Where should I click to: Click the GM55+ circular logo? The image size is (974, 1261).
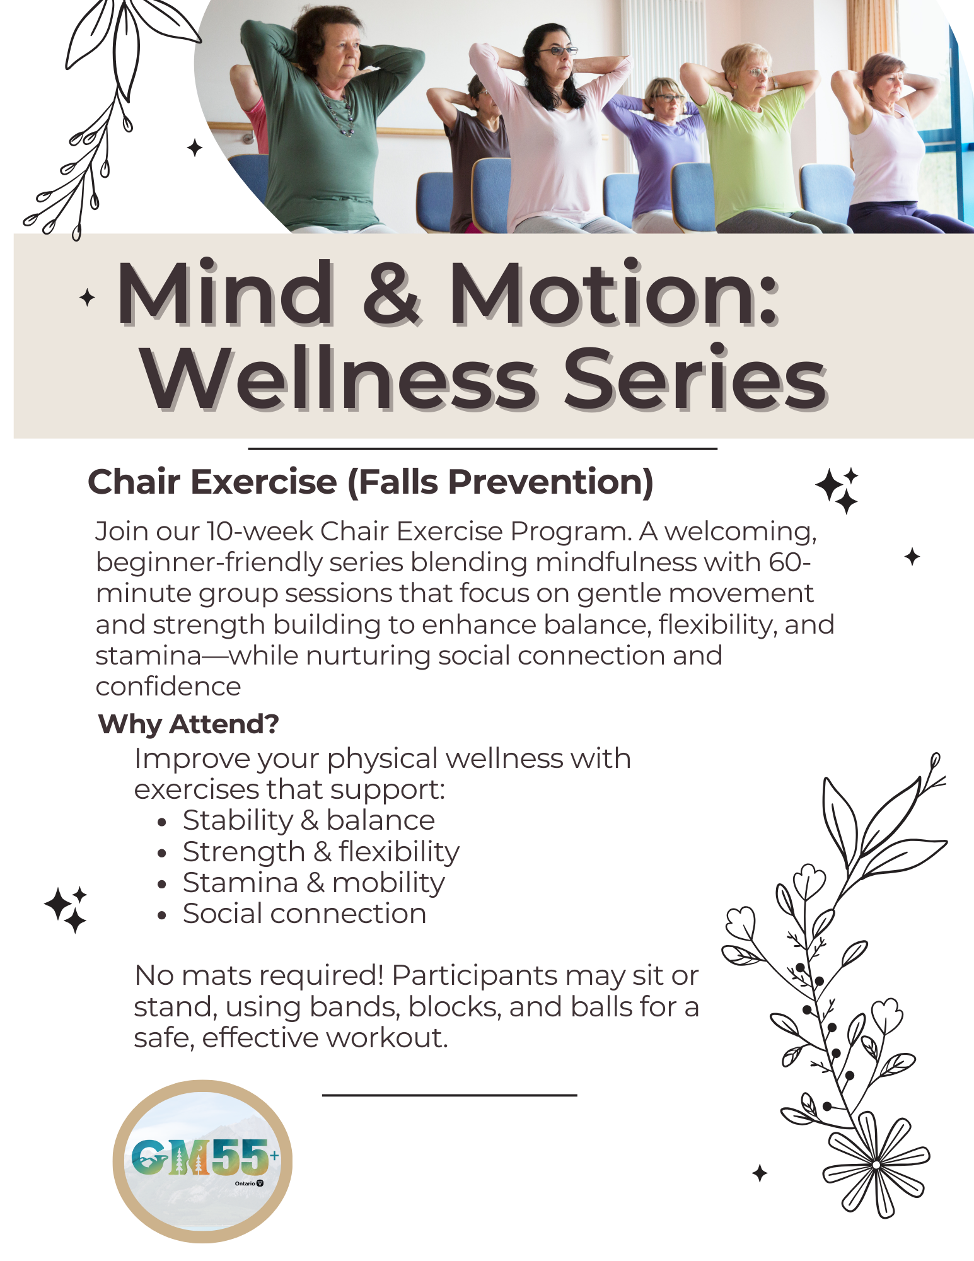(x=202, y=1161)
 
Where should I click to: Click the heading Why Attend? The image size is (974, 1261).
(x=188, y=724)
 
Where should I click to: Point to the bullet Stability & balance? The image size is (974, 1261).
(x=308, y=820)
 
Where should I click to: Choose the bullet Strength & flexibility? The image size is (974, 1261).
(x=321, y=852)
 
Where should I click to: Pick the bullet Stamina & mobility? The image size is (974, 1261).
(x=313, y=883)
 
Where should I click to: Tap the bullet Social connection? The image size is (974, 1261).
(x=304, y=914)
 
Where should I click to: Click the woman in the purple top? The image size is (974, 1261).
(x=662, y=145)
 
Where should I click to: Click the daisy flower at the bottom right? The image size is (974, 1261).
(x=876, y=1164)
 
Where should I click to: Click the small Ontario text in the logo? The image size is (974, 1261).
(x=245, y=1183)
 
